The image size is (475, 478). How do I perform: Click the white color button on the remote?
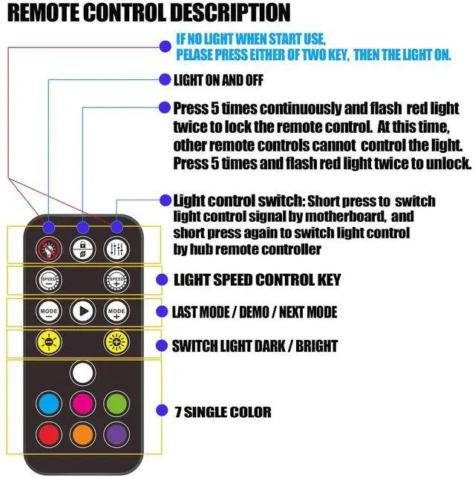pyautogui.click(x=82, y=373)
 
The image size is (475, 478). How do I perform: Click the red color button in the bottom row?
pyautogui.click(x=49, y=433)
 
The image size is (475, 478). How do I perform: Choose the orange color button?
pyautogui.click(x=82, y=433)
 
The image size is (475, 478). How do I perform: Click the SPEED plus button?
pyautogui.click(x=117, y=281)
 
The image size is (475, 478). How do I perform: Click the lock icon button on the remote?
pyautogui.click(x=82, y=250)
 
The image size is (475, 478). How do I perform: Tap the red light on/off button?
pyautogui.click(x=49, y=250)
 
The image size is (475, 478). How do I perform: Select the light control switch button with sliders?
pyautogui.click(x=117, y=250)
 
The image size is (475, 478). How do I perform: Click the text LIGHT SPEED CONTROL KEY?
pyautogui.click(x=256, y=280)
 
